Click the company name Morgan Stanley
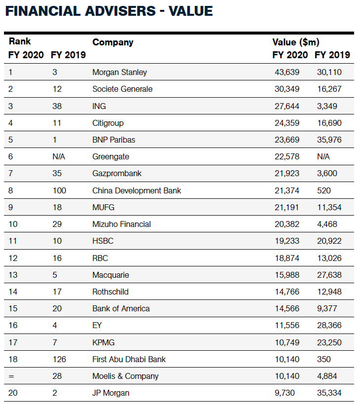coord(119,72)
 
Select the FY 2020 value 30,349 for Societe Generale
coord(287,89)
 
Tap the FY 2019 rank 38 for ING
coord(57,106)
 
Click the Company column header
coord(112,42)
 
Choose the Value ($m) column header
coord(295,42)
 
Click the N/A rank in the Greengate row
coord(59,156)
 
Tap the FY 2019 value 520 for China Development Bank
coord(324,190)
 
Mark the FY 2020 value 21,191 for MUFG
coord(287,207)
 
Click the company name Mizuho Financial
coord(121,224)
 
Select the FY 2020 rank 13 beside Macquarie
coord(13,275)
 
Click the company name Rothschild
coord(110,292)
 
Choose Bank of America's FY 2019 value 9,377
coord(326,308)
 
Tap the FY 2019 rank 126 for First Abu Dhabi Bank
coord(59,359)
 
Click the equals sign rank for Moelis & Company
coord(11,376)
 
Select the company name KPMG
coord(104,342)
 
